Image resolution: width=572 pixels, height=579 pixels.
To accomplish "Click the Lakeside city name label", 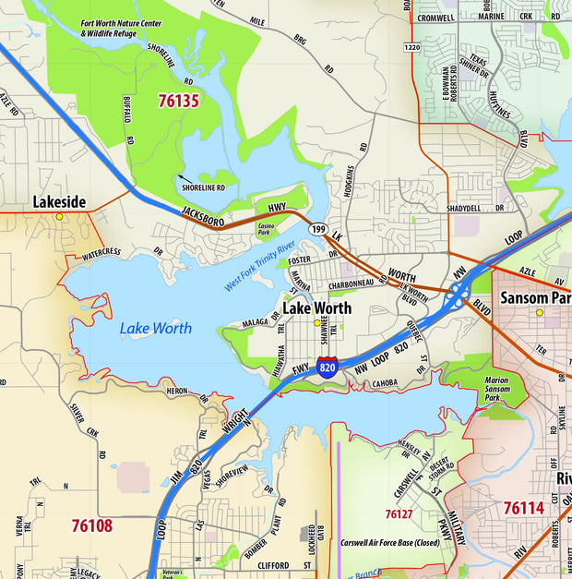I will click(x=59, y=201).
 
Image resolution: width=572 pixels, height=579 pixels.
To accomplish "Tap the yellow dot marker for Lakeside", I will click(x=59, y=217).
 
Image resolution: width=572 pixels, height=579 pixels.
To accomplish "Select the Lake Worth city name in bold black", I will click(x=316, y=308).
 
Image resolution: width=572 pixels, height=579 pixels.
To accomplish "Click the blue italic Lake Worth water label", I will click(x=156, y=328).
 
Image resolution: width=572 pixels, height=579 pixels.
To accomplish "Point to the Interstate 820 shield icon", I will click(x=327, y=366).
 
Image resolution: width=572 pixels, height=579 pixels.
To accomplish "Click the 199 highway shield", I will click(x=319, y=228).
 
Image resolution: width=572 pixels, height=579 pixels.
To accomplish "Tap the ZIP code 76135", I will click(x=178, y=101).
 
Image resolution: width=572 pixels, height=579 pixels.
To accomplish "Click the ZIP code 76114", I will click(x=523, y=507).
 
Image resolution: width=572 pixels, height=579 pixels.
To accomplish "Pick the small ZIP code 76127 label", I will click(x=399, y=513).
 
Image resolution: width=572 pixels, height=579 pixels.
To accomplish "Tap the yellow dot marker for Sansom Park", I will click(x=540, y=312).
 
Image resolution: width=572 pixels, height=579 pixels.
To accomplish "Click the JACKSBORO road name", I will click(x=205, y=211).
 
